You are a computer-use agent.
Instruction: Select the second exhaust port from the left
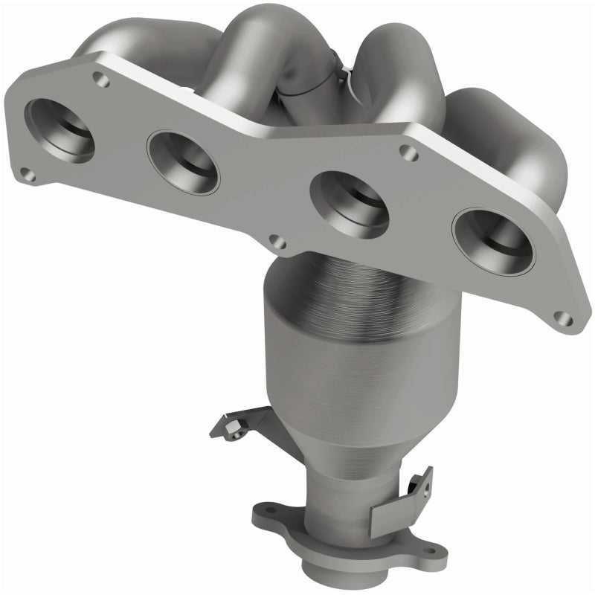[x=183, y=161]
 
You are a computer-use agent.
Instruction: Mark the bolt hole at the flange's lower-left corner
[x=26, y=176]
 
